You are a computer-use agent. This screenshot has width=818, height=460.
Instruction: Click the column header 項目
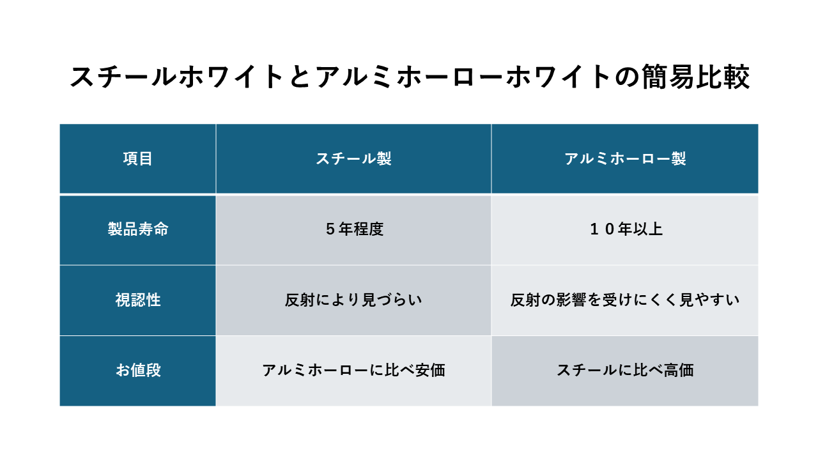137,159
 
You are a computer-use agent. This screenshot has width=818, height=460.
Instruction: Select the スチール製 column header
353,159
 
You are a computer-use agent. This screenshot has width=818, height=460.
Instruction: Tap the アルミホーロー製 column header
625,159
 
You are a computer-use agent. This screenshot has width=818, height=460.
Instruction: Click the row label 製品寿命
138,229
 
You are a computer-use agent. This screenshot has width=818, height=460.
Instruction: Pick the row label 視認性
138,300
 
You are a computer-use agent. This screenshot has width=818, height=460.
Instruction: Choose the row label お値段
138,370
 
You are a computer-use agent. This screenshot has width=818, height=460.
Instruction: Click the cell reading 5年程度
354,229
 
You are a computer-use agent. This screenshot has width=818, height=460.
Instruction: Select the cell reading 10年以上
626,229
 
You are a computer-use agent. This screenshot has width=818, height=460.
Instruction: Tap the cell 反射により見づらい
353,300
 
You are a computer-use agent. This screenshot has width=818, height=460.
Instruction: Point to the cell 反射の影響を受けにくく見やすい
625,300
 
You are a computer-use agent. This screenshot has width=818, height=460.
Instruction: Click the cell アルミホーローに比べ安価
353,370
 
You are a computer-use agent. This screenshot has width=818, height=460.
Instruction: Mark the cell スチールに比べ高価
625,370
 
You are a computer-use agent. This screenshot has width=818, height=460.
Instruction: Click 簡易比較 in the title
696,77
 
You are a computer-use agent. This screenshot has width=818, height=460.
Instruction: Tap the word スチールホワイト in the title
178,77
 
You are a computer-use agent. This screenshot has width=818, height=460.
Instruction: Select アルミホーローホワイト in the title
465,77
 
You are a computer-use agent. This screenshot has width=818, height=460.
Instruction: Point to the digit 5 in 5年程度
330,229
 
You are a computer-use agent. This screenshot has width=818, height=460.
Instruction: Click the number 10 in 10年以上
602,229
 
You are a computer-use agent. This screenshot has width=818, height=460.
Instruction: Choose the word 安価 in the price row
431,370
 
